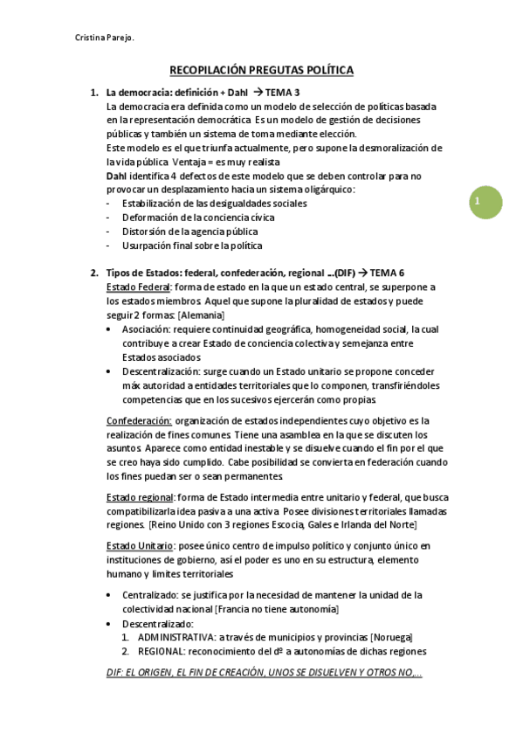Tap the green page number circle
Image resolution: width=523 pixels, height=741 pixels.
478,203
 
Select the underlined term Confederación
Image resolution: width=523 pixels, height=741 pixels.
138,420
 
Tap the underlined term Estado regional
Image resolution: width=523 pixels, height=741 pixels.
139,497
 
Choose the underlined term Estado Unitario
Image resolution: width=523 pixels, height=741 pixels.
139,546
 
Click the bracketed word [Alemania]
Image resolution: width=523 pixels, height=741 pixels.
202,315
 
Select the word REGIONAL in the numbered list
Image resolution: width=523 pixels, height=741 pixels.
162,651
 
